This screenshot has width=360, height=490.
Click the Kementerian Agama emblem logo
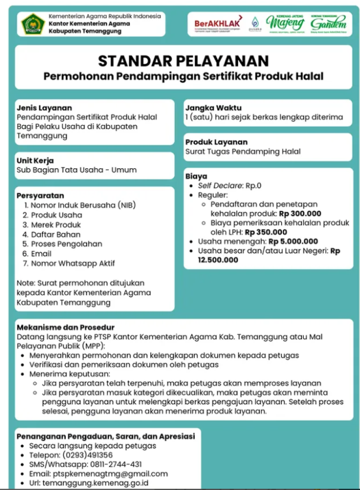[x=33, y=24]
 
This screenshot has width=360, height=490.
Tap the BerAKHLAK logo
[x=218, y=23]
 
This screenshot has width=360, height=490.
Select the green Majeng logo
[x=285, y=22]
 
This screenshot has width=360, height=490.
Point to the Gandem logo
[x=328, y=22]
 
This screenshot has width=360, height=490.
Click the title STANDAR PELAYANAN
[x=183, y=60]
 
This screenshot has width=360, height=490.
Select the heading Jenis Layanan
[x=44, y=108]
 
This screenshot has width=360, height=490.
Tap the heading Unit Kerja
[x=35, y=160]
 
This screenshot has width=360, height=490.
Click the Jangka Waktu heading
[x=213, y=108]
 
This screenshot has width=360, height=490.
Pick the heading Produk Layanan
[x=216, y=142]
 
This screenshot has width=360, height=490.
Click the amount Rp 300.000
[x=300, y=213]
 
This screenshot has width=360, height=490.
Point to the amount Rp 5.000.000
[x=293, y=242]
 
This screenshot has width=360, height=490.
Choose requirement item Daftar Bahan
[x=56, y=234]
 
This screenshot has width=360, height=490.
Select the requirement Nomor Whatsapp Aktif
[x=73, y=263]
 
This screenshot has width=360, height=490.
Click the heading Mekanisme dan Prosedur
[x=65, y=327]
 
